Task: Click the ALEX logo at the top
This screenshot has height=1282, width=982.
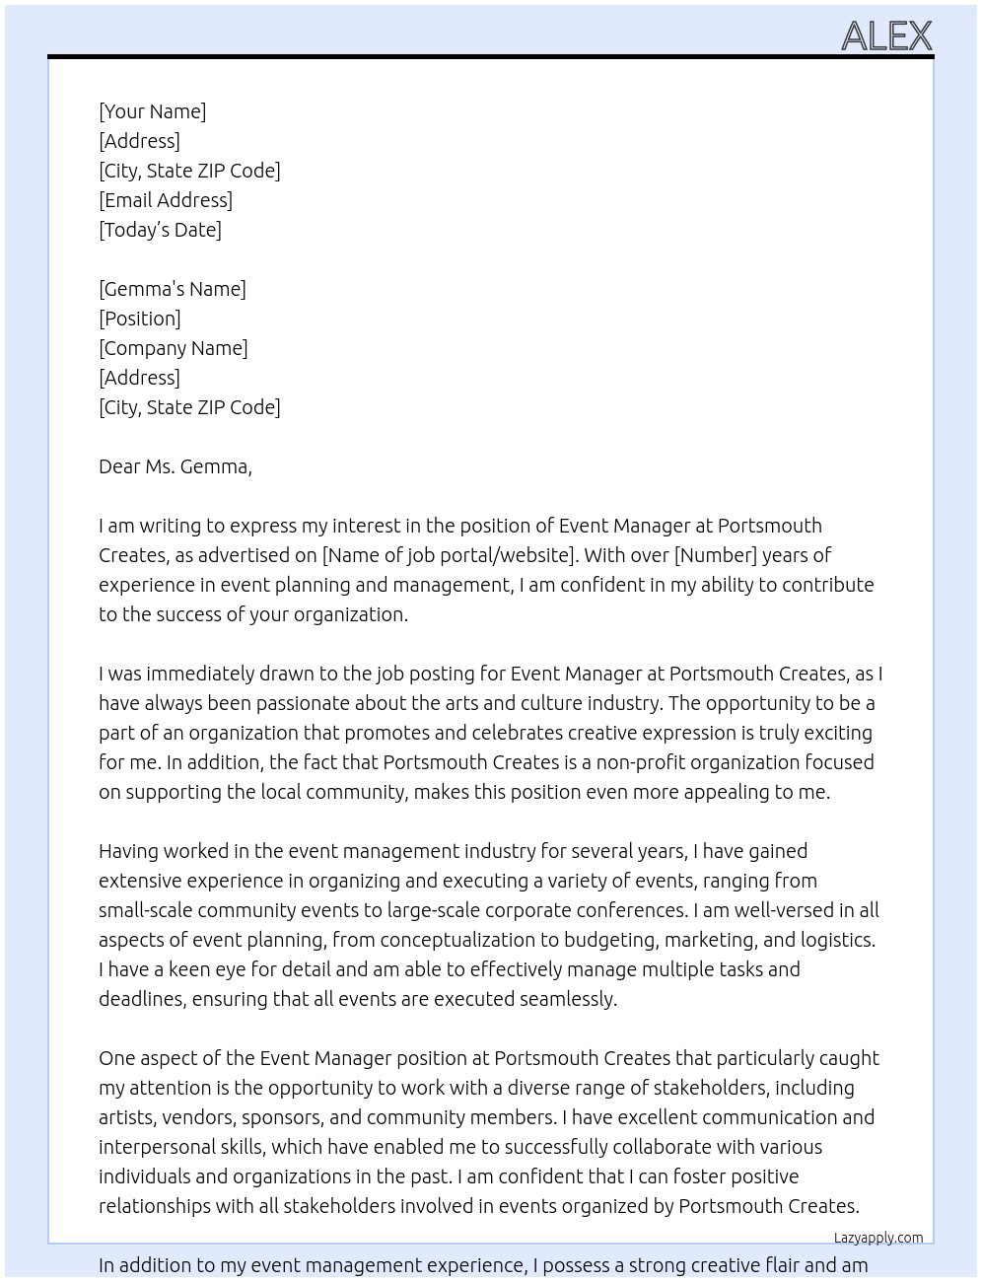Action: tap(885, 36)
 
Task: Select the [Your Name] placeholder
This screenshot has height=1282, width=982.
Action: tap(152, 111)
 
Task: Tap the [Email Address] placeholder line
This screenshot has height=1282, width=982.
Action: tap(166, 200)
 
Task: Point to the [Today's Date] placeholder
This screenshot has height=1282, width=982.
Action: tap(160, 230)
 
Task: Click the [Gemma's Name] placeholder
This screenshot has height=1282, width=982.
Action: tap(173, 289)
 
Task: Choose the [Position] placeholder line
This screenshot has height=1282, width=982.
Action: tap(139, 319)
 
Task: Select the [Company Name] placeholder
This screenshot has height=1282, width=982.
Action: tap(173, 348)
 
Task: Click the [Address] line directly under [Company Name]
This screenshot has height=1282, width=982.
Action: tap(139, 378)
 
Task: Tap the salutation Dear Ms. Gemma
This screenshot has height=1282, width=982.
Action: tap(175, 466)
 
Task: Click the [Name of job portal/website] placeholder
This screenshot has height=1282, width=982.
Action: tap(449, 555)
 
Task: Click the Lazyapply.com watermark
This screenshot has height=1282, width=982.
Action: tap(877, 1238)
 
